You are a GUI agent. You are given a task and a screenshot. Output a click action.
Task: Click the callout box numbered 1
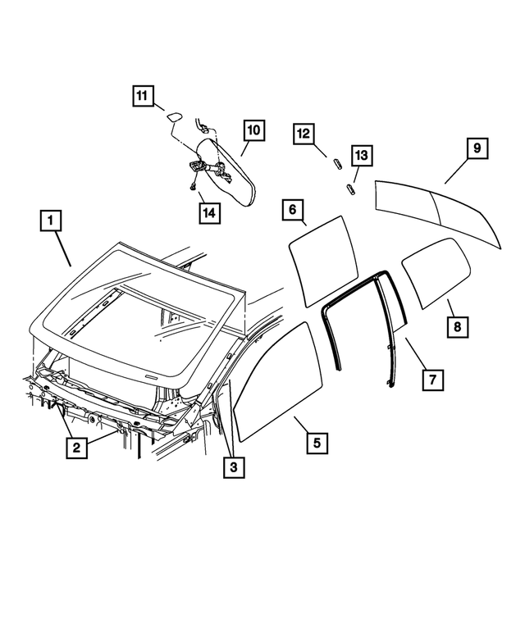(x=52, y=221)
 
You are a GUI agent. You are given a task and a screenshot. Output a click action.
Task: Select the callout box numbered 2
(x=76, y=447)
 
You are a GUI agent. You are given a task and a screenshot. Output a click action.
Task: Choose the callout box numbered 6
(x=291, y=210)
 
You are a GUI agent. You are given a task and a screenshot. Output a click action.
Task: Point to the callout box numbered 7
(x=432, y=380)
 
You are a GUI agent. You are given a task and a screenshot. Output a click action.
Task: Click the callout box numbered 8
(x=458, y=326)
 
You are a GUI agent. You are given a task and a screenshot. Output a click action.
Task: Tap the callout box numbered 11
(x=143, y=96)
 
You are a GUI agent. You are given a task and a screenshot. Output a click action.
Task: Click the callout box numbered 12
(x=304, y=133)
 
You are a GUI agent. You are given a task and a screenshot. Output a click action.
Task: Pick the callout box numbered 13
(x=362, y=155)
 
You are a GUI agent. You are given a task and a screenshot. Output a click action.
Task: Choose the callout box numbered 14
(x=208, y=212)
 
